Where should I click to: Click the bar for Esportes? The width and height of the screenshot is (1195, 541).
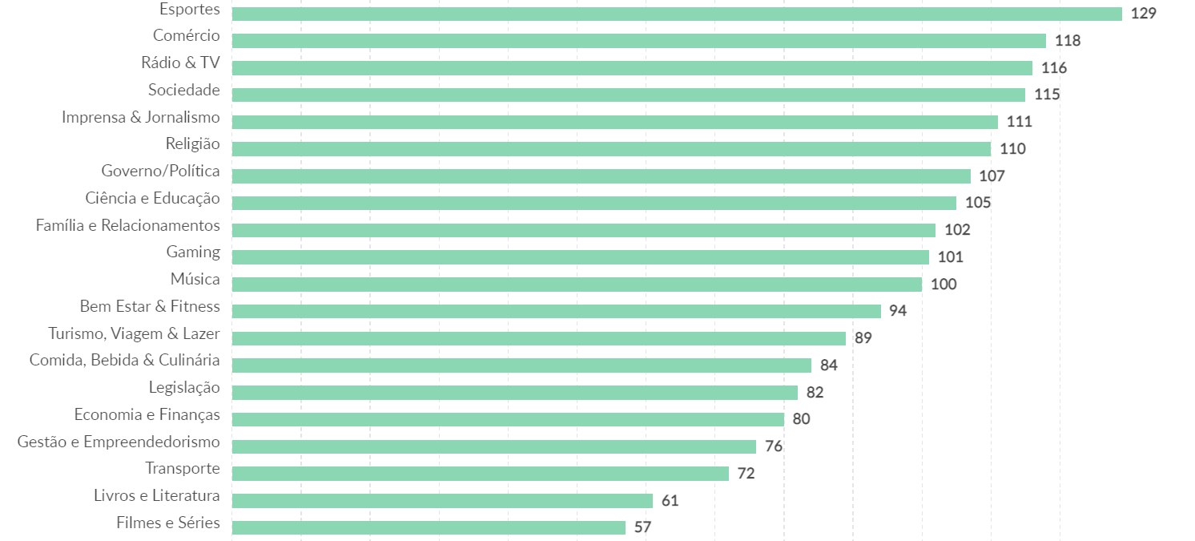tap(677, 14)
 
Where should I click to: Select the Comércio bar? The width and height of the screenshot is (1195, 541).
tap(638, 41)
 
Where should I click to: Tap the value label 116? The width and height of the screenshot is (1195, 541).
tap(1054, 68)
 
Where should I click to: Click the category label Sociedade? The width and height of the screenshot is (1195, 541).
tap(183, 91)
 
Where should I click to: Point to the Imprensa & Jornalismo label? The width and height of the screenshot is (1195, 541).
tap(141, 118)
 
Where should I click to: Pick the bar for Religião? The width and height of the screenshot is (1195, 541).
tap(611, 149)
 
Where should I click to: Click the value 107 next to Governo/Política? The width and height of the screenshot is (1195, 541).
tap(992, 176)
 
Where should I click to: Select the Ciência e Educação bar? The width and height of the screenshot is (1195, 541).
tap(593, 203)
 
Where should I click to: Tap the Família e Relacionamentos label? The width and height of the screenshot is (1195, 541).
tap(127, 226)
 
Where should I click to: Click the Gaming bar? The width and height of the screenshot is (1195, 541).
tap(580, 257)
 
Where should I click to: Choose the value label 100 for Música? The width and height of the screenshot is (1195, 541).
tap(944, 285)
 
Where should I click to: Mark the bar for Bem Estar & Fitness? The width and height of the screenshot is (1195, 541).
tap(556, 311)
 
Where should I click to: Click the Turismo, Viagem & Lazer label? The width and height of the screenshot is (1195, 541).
tap(134, 334)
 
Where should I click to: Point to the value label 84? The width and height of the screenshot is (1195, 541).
tap(829, 365)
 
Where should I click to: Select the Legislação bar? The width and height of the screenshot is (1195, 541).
tap(514, 393)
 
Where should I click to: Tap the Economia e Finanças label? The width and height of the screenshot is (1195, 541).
tap(147, 415)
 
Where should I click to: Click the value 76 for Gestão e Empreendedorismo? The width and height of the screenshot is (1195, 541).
tap(774, 446)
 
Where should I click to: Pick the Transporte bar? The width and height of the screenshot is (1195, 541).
tap(480, 474)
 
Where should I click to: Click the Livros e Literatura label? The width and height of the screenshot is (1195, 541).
tap(157, 497)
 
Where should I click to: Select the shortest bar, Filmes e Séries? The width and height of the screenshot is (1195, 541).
tap(429, 527)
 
